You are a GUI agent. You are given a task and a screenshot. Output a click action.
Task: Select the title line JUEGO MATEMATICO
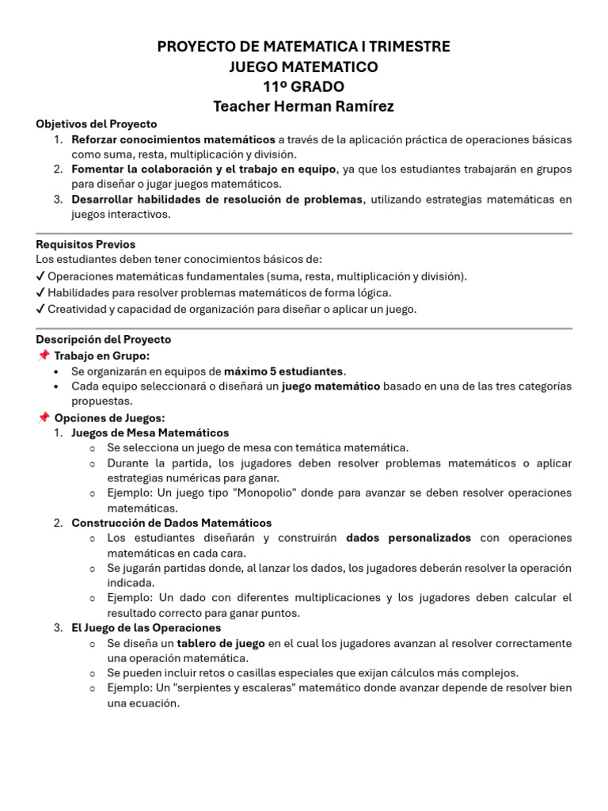304,67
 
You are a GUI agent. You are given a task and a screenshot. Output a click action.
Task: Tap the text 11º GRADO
304,87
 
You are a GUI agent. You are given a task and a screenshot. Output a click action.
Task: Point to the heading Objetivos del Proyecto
97,124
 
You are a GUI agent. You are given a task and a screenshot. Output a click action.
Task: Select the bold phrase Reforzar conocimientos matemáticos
173,139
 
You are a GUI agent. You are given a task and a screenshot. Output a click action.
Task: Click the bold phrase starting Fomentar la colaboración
203,169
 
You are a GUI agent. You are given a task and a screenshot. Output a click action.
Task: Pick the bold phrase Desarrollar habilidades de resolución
216,200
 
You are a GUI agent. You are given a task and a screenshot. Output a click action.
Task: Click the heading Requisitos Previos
85,245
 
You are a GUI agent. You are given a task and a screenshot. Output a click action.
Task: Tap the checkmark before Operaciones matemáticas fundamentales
40,276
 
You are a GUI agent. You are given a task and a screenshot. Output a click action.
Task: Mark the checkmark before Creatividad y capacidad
40,310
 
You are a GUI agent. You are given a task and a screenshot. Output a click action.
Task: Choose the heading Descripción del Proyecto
103,340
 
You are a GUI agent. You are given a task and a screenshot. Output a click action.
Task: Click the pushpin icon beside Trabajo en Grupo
44,356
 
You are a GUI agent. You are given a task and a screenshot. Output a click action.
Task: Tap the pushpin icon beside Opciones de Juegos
44,417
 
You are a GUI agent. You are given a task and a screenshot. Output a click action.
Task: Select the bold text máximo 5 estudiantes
285,371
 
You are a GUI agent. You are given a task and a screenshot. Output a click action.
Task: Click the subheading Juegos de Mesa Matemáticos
150,433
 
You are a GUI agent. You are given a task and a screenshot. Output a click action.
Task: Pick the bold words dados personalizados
408,539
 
